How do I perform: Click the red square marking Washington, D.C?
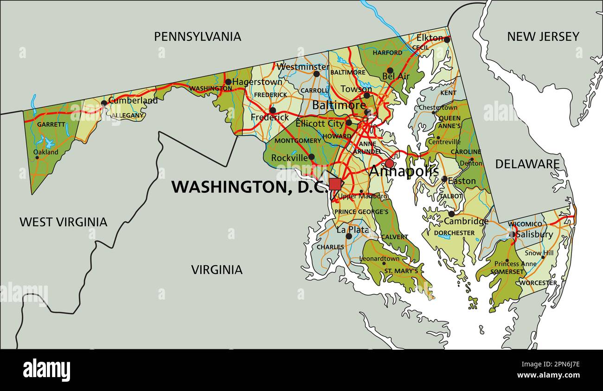pos(335,184)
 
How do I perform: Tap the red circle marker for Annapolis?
pos(389,163)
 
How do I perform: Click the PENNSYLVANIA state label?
pos(198,37)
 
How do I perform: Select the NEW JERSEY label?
pos(543,37)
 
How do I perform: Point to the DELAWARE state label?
pos(527,164)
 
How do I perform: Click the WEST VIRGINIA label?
pos(63,222)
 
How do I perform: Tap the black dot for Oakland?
pos(37,157)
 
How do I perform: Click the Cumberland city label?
pos(133,100)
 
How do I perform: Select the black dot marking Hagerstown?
pos(228,82)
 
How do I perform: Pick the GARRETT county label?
pos(51,124)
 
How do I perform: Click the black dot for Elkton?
pos(447,40)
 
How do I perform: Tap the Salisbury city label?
pos(534,235)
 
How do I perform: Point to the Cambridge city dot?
pos(451,214)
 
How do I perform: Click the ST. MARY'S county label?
pos(401,271)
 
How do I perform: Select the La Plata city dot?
pos(348,236)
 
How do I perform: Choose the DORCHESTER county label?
pos(454,233)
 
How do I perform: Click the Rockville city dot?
pos(312,157)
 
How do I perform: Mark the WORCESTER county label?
pos(538,282)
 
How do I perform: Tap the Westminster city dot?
pos(316,74)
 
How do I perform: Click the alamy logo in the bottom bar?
pos(46,370)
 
